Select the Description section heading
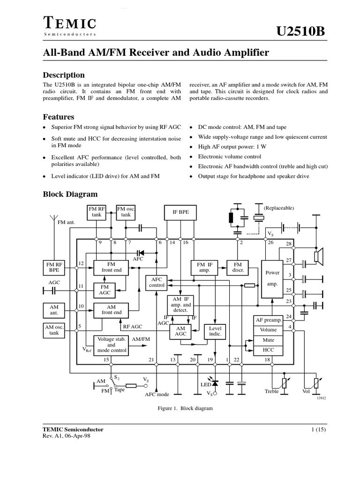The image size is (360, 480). (64, 75)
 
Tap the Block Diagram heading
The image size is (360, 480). (70, 194)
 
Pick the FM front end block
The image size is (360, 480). (111, 267)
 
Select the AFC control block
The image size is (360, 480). (157, 282)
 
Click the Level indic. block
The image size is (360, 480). (215, 331)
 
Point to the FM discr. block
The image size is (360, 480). (238, 267)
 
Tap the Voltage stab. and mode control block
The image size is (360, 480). (111, 345)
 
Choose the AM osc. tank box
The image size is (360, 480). (54, 330)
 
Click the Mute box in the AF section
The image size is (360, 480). (269, 340)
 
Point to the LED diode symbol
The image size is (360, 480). (215, 384)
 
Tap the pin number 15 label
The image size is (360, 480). (107, 360)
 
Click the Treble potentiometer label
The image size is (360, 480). (271, 391)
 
